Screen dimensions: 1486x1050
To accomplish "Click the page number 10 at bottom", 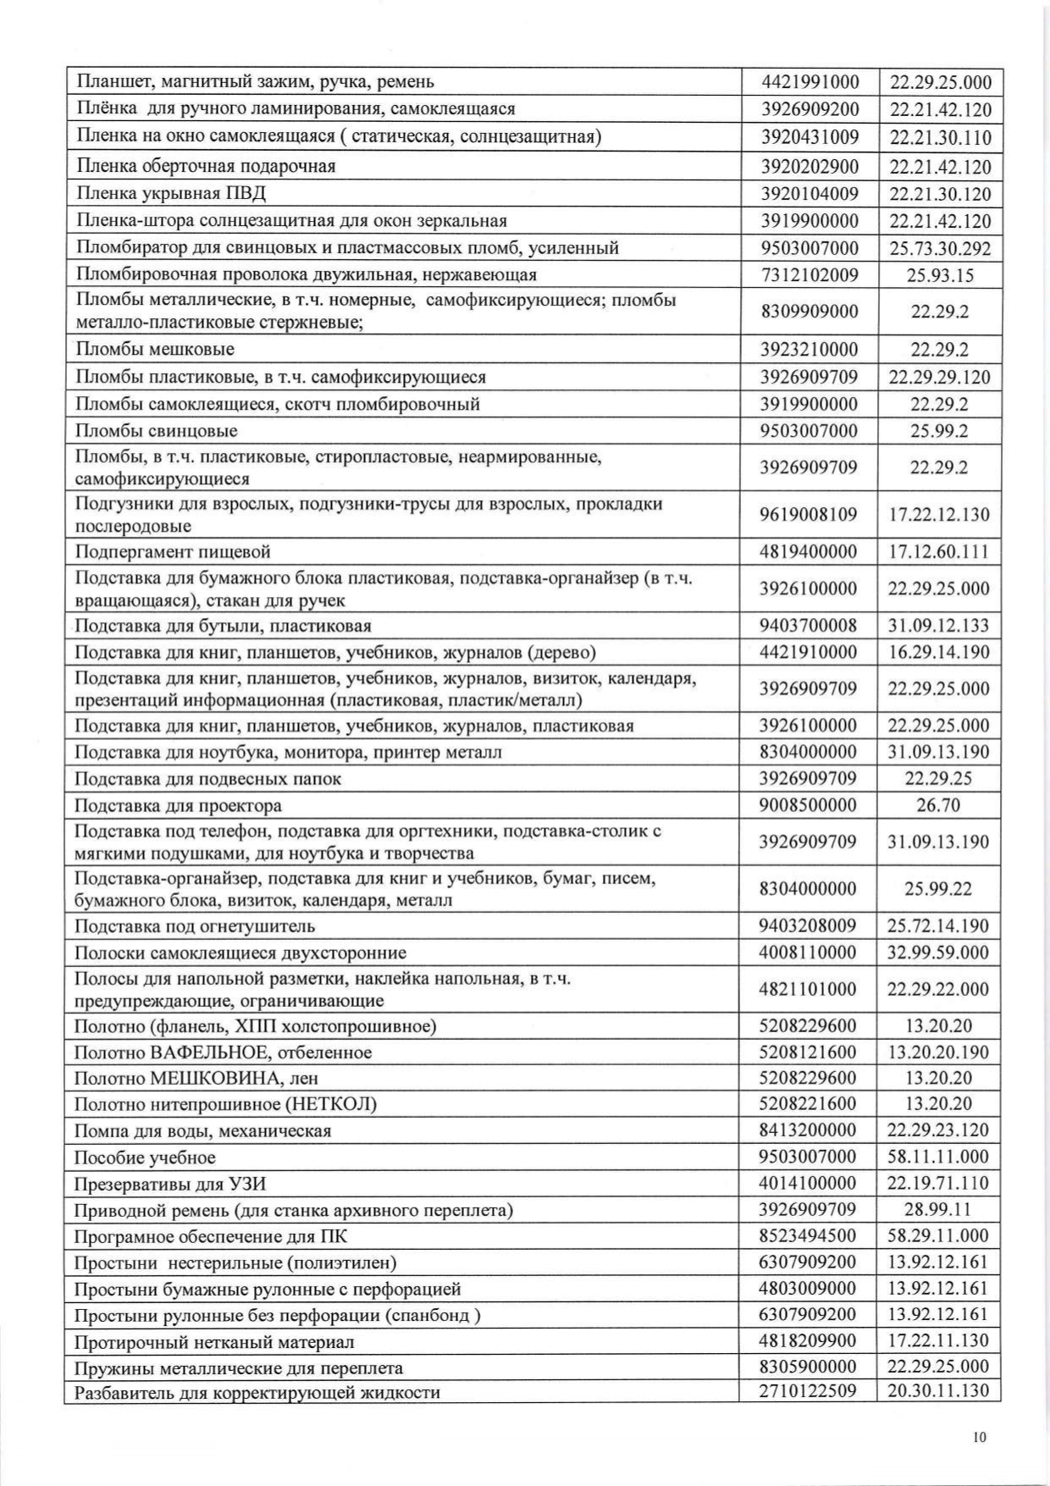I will click(980, 1437).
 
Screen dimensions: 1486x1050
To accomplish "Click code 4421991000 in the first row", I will click(810, 82).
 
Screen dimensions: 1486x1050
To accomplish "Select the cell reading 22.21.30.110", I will click(940, 138).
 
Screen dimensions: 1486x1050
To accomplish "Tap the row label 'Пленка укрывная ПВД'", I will click(171, 194).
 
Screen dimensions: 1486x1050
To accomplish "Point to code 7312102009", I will click(810, 275).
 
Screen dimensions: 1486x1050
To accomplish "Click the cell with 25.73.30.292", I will click(940, 248).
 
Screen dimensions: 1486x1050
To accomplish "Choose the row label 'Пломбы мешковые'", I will click(155, 350).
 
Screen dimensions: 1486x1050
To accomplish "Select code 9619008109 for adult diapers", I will click(809, 515).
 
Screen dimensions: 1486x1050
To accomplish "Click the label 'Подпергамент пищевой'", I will click(173, 553).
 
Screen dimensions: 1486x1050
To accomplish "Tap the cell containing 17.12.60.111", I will click(939, 553).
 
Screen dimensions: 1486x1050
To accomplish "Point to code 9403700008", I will click(809, 626).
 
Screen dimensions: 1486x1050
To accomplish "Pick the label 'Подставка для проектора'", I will click(178, 805).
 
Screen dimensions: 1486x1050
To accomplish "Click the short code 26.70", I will click(938, 805).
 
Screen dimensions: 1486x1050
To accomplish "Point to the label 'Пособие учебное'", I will click(145, 1157).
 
